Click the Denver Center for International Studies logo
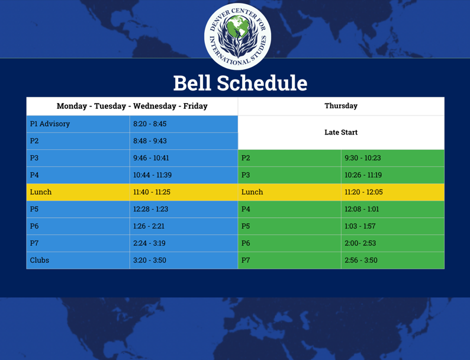point(238,37)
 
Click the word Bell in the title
point(192,83)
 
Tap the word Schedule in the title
point(262,83)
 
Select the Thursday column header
point(341,106)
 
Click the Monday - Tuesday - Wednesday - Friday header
point(132,106)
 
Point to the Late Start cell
point(341,132)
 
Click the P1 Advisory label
point(50,124)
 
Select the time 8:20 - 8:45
point(150,124)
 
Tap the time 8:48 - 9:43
point(150,141)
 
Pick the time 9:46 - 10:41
point(151,158)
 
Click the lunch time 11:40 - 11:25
point(152,192)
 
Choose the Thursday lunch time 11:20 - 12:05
point(363,192)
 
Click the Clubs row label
point(40,260)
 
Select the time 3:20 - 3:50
point(150,260)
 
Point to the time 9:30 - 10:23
point(363,158)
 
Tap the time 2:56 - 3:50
point(361,260)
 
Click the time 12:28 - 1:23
point(151,209)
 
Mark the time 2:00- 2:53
point(360,243)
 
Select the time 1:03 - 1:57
point(360,226)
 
